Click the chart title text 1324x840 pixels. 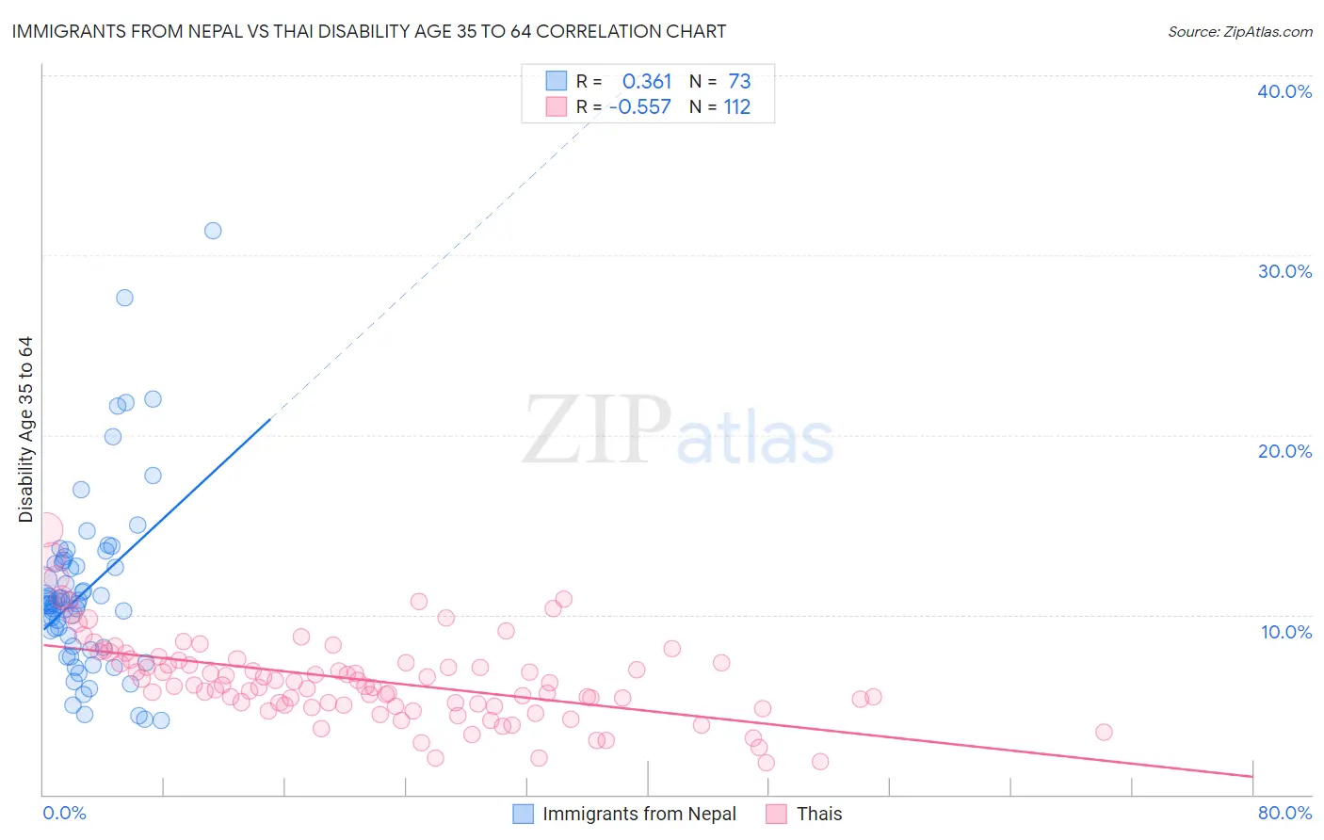point(368,31)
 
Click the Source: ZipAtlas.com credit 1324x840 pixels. point(1239,31)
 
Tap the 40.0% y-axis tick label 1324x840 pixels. point(1284,91)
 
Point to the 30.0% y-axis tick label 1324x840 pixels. point(1284,271)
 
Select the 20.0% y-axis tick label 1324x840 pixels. point(1284,451)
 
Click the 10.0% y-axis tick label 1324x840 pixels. point(1284,632)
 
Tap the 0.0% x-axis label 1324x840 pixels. point(64,813)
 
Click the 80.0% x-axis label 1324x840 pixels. point(1284,813)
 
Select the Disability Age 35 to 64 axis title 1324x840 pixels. point(25,429)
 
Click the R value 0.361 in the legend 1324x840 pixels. point(647,82)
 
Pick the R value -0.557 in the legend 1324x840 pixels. point(640,107)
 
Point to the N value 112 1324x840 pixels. point(736,107)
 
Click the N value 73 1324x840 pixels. point(739,82)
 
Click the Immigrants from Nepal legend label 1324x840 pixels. point(639,814)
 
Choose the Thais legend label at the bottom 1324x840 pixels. point(819,814)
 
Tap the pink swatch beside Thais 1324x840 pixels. point(776,814)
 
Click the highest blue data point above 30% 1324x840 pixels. point(213,231)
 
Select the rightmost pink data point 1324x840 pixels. point(1104,732)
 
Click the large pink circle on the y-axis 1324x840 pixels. point(44,529)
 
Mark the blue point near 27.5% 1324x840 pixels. point(124,298)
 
